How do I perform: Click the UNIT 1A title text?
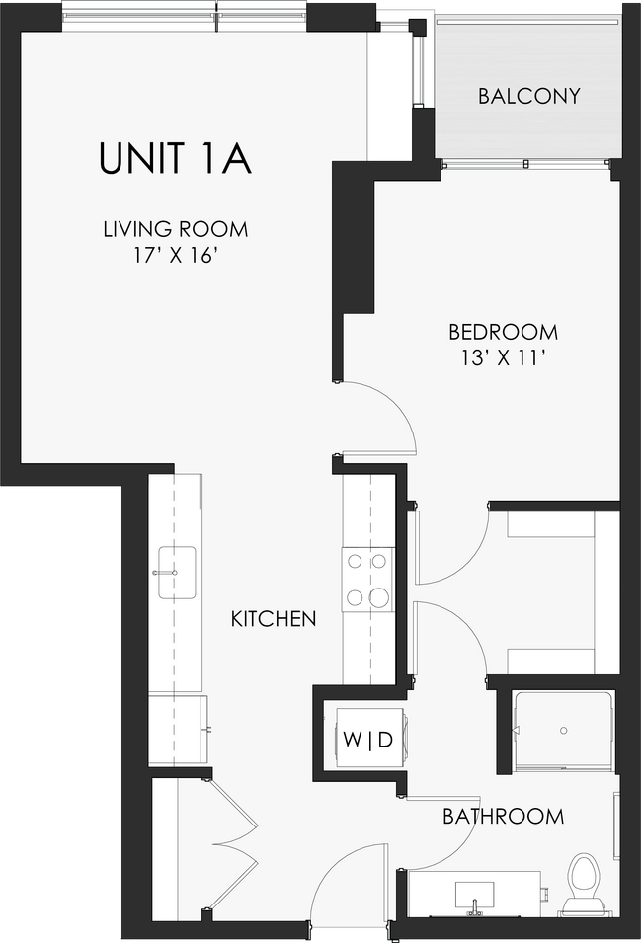(175, 158)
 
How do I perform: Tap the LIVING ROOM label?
(175, 230)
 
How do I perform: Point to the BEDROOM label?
(503, 333)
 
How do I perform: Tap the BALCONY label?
(528, 96)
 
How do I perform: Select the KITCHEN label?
(274, 619)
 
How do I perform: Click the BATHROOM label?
(503, 817)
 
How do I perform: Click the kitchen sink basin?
(176, 573)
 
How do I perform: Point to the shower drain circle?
(563, 732)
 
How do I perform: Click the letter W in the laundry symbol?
(350, 739)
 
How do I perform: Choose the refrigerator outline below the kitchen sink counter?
(178, 728)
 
